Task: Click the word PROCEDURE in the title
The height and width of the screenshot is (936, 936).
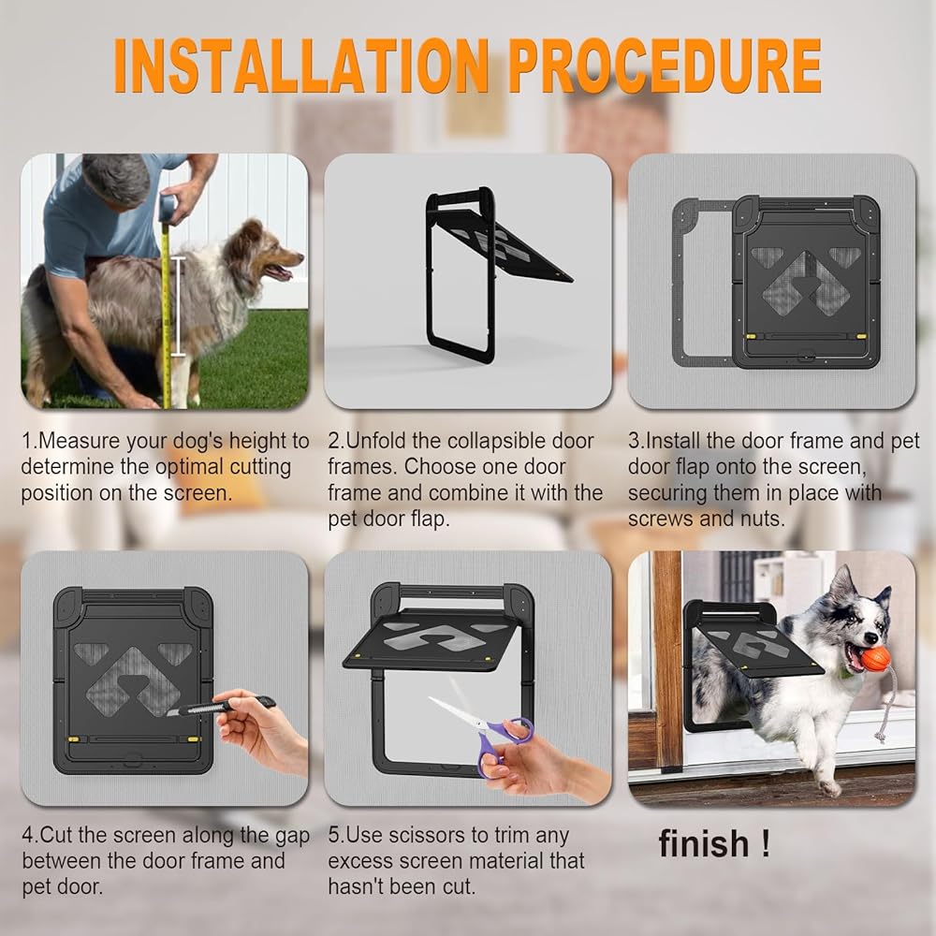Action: tap(665, 66)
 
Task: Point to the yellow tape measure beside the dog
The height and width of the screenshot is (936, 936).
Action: tap(167, 299)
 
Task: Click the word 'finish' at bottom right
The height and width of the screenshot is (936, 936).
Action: tap(704, 844)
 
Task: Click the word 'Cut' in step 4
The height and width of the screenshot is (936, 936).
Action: tap(56, 835)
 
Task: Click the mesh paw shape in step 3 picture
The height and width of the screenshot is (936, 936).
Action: tap(806, 282)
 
